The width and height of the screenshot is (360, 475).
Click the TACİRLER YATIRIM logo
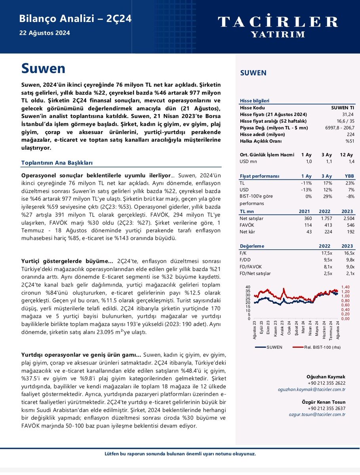(278, 26)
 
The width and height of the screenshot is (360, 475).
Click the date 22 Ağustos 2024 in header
(44, 33)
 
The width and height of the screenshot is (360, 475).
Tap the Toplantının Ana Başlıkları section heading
(57, 163)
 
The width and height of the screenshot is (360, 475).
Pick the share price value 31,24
(348, 114)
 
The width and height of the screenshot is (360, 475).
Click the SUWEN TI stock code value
(343, 108)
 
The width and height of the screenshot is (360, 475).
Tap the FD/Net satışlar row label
(255, 273)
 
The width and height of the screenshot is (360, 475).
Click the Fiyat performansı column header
(260, 176)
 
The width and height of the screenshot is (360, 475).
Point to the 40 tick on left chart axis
(248, 287)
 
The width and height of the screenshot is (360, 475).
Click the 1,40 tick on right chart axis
(345, 287)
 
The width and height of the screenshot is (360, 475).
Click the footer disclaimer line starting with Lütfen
(180, 454)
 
